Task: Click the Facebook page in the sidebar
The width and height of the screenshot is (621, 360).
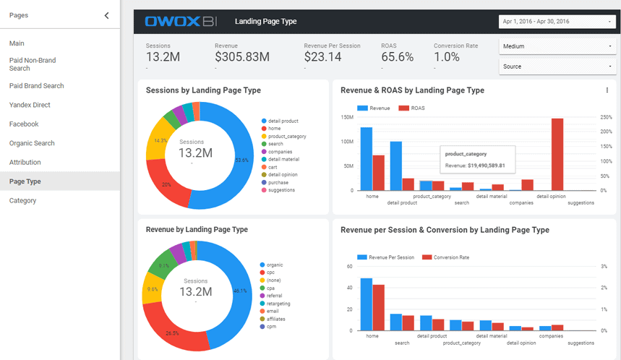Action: [24, 124]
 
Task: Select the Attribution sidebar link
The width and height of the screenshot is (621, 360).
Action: [25, 163]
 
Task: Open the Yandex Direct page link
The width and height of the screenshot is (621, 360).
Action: [30, 105]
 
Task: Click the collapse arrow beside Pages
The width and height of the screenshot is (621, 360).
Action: [107, 15]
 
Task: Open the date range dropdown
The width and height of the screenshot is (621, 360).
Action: [556, 22]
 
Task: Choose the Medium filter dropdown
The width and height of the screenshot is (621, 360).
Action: [556, 46]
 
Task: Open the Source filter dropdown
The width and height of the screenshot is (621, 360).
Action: [556, 67]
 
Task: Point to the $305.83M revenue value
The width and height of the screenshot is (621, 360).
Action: [242, 57]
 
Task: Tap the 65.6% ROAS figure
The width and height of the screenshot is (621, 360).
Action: [397, 57]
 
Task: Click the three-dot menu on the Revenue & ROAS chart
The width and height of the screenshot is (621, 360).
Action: [607, 90]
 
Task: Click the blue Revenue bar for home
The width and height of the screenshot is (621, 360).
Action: [367, 159]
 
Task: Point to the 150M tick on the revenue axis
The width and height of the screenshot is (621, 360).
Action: [346, 117]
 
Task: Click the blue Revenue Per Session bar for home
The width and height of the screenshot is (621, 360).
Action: [367, 304]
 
